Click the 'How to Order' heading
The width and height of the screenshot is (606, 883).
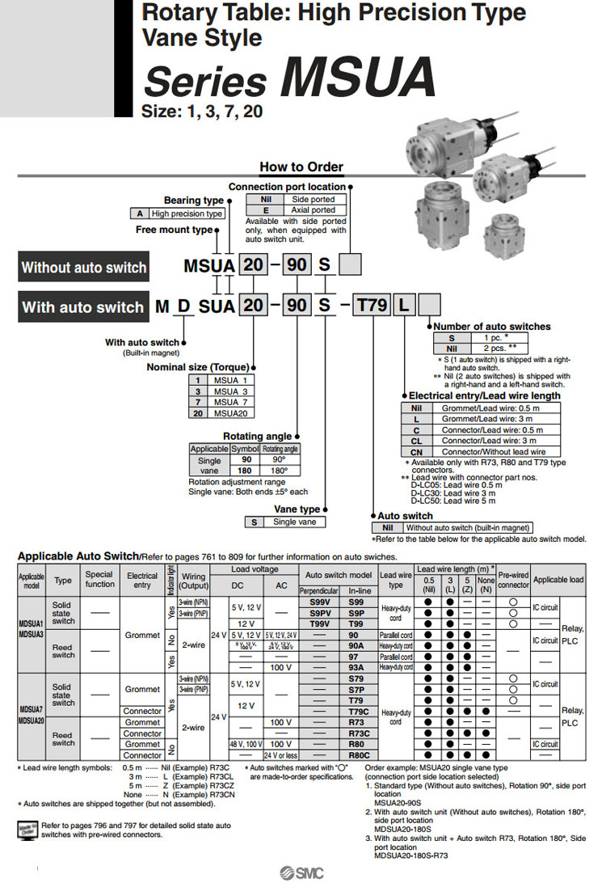(301, 167)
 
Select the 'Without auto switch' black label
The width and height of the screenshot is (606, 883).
(84, 268)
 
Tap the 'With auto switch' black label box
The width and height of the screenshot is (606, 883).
(82, 307)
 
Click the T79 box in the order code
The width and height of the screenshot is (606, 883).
(372, 306)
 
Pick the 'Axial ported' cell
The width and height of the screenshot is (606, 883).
(313, 209)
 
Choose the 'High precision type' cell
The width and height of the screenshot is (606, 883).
(187, 213)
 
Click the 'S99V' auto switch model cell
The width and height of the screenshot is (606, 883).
(319, 603)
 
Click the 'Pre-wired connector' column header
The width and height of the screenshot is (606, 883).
(513, 579)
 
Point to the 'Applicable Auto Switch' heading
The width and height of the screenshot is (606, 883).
(78, 556)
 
